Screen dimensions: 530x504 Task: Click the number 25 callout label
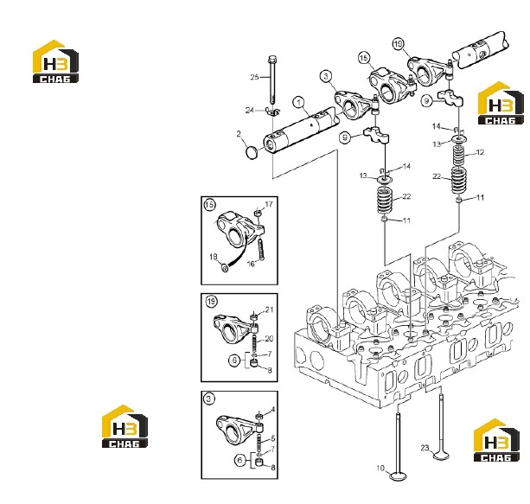click(254, 78)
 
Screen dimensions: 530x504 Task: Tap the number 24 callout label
click(250, 110)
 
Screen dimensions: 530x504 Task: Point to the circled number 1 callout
click(299, 102)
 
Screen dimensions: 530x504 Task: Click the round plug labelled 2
click(251, 152)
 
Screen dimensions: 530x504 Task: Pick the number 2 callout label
click(239, 134)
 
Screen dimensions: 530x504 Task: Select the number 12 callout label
click(480, 152)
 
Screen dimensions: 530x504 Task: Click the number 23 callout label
click(425, 448)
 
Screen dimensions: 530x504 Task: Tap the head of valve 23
click(441, 455)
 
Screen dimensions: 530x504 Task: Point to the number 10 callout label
click(380, 469)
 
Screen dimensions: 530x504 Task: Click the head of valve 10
click(399, 476)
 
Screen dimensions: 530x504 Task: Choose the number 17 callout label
click(269, 205)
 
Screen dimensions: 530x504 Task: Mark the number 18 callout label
click(213, 257)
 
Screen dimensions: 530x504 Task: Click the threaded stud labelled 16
click(260, 250)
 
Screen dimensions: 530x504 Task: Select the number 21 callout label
click(269, 309)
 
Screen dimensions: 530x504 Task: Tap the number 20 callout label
click(269, 339)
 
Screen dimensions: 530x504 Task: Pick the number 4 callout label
click(273, 410)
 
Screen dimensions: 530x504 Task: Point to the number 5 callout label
click(273, 439)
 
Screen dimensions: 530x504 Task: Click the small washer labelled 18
click(225, 268)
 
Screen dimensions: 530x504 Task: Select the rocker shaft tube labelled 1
click(301, 131)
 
